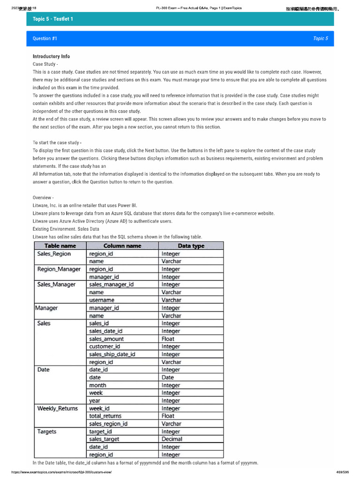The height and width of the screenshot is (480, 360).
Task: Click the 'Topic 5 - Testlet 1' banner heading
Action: point(53,19)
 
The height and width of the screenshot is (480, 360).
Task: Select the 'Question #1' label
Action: point(45,38)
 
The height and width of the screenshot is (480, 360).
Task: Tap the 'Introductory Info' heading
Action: point(51,56)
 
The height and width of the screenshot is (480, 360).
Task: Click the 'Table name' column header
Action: point(60,246)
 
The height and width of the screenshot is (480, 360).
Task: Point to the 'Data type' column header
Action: point(191,246)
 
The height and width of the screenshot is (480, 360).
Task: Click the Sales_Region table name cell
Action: point(54,254)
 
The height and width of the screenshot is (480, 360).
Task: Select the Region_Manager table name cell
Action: point(59,269)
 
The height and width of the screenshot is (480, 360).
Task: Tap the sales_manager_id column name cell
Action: point(111,285)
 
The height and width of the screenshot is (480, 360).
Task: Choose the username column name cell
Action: point(102,300)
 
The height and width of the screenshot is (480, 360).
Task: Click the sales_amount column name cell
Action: point(106,339)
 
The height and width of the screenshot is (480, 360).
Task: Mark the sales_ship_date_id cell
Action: point(112,354)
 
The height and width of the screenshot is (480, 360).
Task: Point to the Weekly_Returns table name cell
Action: point(57,408)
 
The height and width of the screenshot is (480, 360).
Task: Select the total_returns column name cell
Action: point(105,416)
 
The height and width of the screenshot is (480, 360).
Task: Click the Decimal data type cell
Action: point(172,439)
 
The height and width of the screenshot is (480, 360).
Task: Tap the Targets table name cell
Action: point(46,431)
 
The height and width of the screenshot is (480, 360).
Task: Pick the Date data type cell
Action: point(168,377)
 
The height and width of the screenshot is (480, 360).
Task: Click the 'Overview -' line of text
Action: point(43,198)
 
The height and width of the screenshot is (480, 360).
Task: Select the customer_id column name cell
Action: point(105,346)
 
